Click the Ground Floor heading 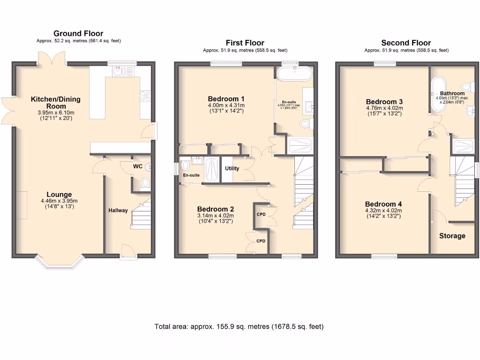click(x=78, y=33)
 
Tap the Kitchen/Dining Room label click(x=55, y=103)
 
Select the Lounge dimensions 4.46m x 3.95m click(x=59, y=202)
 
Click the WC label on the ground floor click(x=138, y=166)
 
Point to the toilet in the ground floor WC click(x=145, y=182)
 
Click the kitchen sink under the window click(x=123, y=71)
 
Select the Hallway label click(x=118, y=210)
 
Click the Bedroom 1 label click(x=226, y=99)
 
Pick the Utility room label click(x=232, y=168)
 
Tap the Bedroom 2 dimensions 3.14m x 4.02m click(x=216, y=217)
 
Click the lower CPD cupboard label click(x=261, y=241)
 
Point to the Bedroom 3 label click(x=384, y=102)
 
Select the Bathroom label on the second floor click(x=452, y=94)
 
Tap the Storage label click(x=452, y=236)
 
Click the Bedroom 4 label click(x=383, y=204)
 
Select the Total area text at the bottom click(x=239, y=327)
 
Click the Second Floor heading click(x=406, y=43)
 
